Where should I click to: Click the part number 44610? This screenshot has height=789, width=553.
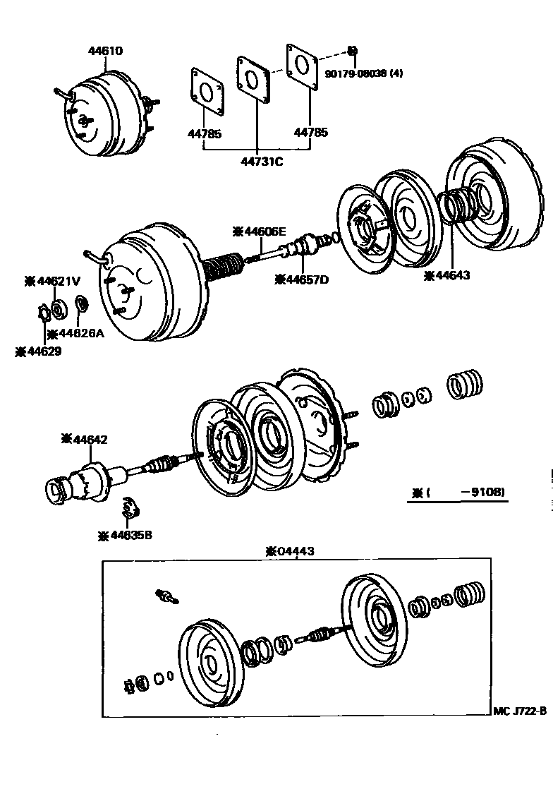[x=105, y=51]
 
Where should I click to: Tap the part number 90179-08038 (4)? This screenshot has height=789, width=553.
[x=364, y=72]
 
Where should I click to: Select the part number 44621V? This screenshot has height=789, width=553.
[x=53, y=280]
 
